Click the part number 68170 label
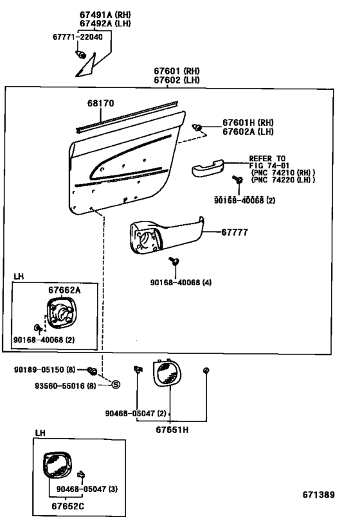pos(101,103)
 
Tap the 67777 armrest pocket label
pos(235,232)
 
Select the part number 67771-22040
pos(78,37)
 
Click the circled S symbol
pos(116,385)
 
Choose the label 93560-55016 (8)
pos(65,386)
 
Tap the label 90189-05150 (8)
pos(44,370)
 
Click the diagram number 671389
pos(318,495)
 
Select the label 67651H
pos(172,430)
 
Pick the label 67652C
pos(68,506)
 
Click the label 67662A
pos(64,290)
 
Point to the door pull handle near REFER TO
pos(208,168)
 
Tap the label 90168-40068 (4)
pos(181,283)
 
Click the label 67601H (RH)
pos(248,123)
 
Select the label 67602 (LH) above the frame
pos(177,80)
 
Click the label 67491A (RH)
pos(105,15)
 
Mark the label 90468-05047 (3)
pos(87,489)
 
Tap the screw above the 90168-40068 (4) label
pos(174,261)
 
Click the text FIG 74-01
pos(269,166)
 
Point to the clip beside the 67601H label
pos(197,127)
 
